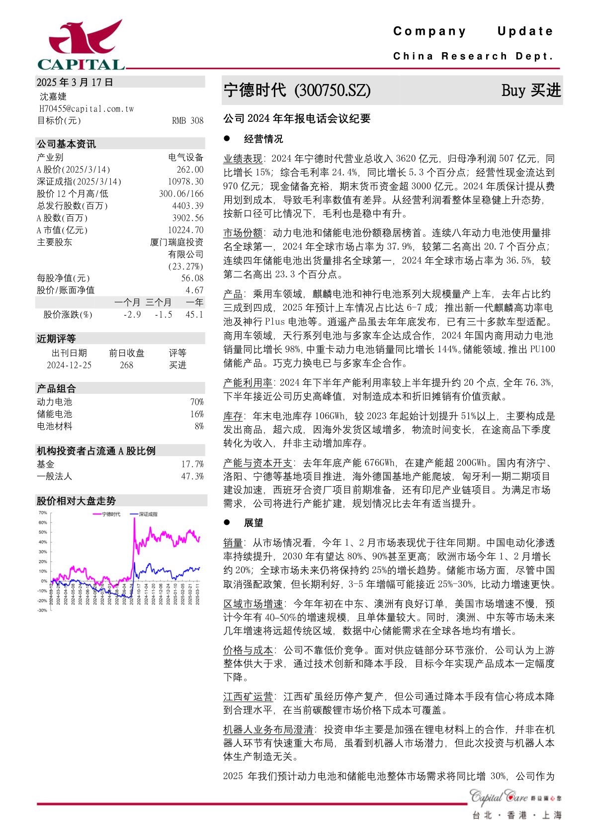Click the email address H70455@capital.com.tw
[86, 108]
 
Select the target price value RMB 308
[187, 121]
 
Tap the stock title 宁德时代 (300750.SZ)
[297, 91]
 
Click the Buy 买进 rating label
[531, 91]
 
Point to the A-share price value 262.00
[190, 170]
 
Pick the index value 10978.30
[185, 182]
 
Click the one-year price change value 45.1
[194, 315]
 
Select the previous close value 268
[127, 365]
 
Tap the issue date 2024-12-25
[69, 365]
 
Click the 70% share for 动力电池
[197, 402]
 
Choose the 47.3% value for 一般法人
[192, 476]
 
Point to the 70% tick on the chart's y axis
[43, 513]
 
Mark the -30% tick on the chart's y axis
[42, 610]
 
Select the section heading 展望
[254, 523]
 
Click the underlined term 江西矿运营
[248, 697]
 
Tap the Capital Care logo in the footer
[500, 797]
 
